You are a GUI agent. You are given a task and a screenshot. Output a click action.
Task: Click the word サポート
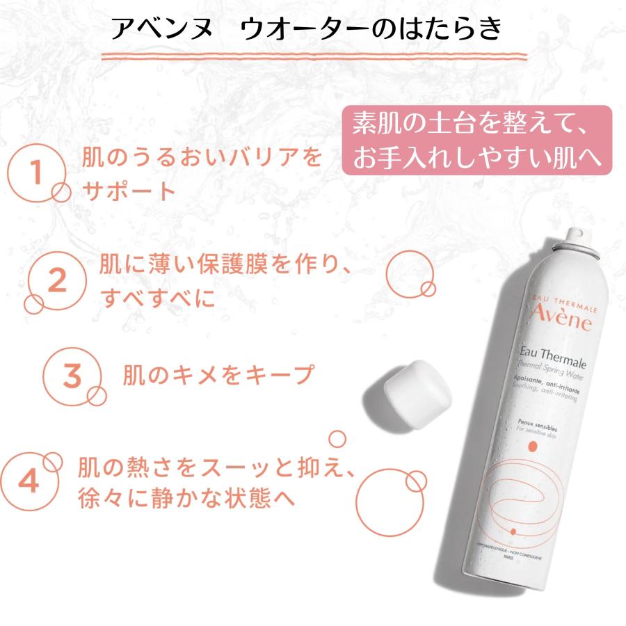click(x=129, y=191)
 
